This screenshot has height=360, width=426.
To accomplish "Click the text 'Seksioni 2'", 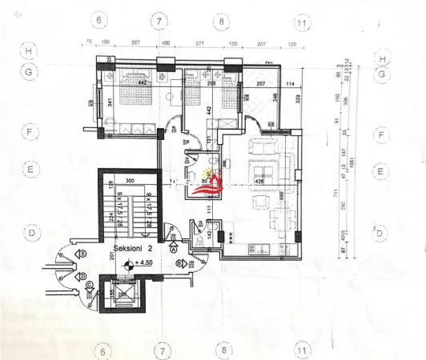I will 134,249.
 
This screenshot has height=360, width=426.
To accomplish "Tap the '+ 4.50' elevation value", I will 145,262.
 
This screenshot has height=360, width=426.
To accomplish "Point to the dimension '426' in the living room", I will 259,181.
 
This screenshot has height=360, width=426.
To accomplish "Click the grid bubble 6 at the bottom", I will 101,350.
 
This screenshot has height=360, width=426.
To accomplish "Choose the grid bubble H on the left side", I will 30,52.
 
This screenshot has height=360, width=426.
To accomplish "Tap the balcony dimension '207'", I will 261,83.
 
